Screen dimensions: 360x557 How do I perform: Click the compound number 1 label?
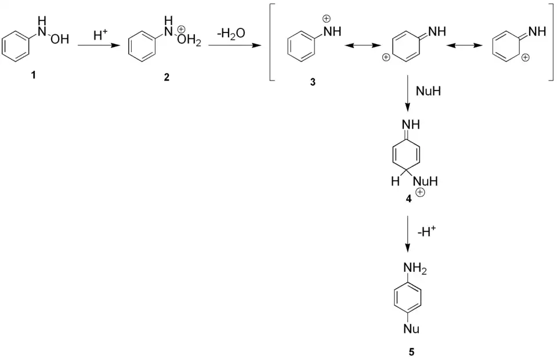pyautogui.click(x=33, y=76)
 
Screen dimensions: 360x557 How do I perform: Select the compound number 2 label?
pyautogui.click(x=167, y=78)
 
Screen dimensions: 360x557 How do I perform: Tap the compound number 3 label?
pyautogui.click(x=313, y=82)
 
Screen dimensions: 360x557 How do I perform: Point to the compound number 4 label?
pyautogui.click(x=408, y=198)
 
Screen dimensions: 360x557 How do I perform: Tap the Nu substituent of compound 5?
pyautogui.click(x=411, y=330)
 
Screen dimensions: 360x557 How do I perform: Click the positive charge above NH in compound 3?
pyautogui.click(x=326, y=19)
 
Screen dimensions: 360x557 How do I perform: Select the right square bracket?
pyautogui.click(x=552, y=44)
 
